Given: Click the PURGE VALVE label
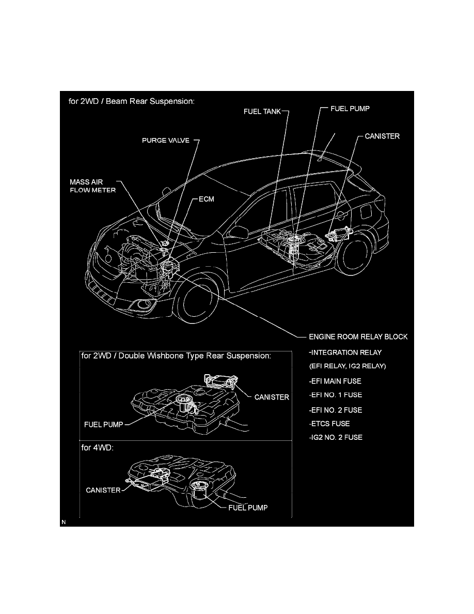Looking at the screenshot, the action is coord(165,140).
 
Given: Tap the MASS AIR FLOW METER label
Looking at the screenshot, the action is coord(93,186).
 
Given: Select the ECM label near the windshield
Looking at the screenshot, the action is coord(207,199).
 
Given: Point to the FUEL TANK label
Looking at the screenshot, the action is coord(262,112).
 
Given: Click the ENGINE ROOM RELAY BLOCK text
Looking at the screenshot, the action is coord(358,337).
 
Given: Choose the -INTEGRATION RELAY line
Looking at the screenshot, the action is coord(345,352).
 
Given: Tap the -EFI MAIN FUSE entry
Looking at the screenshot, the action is coord(335,381).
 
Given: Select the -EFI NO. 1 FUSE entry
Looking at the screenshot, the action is coord(336,395).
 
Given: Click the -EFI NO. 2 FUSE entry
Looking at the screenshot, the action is coord(336,410).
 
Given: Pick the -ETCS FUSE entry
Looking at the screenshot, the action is coord(329,424).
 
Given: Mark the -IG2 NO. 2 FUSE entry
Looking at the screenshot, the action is coord(336,437).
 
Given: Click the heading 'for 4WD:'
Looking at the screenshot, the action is coord(98,448).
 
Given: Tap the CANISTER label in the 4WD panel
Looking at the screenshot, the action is coord(103,490).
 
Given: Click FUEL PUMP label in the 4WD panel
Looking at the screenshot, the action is coord(248,508).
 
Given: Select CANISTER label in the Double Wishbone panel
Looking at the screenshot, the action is coord(272,397).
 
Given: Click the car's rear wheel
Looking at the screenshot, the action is coord(354,254).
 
